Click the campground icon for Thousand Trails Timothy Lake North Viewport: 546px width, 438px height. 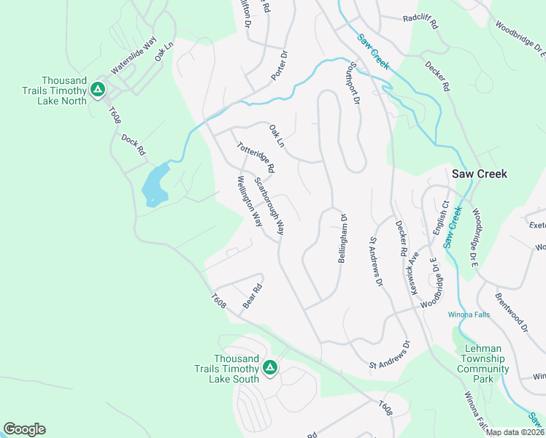pos(98,90)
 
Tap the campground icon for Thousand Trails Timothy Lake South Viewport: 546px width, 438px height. pos(270,368)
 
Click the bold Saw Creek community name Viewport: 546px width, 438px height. pos(479,174)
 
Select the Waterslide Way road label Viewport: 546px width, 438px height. pos(134,56)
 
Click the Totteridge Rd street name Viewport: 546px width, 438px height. pos(255,157)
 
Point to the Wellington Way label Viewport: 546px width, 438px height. pos(250,201)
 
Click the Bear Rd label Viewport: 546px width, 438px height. pos(252,296)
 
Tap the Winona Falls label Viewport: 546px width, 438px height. pos(468,315)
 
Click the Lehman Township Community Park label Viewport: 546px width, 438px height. pos(483,364)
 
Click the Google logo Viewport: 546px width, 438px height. pos(24,429)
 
